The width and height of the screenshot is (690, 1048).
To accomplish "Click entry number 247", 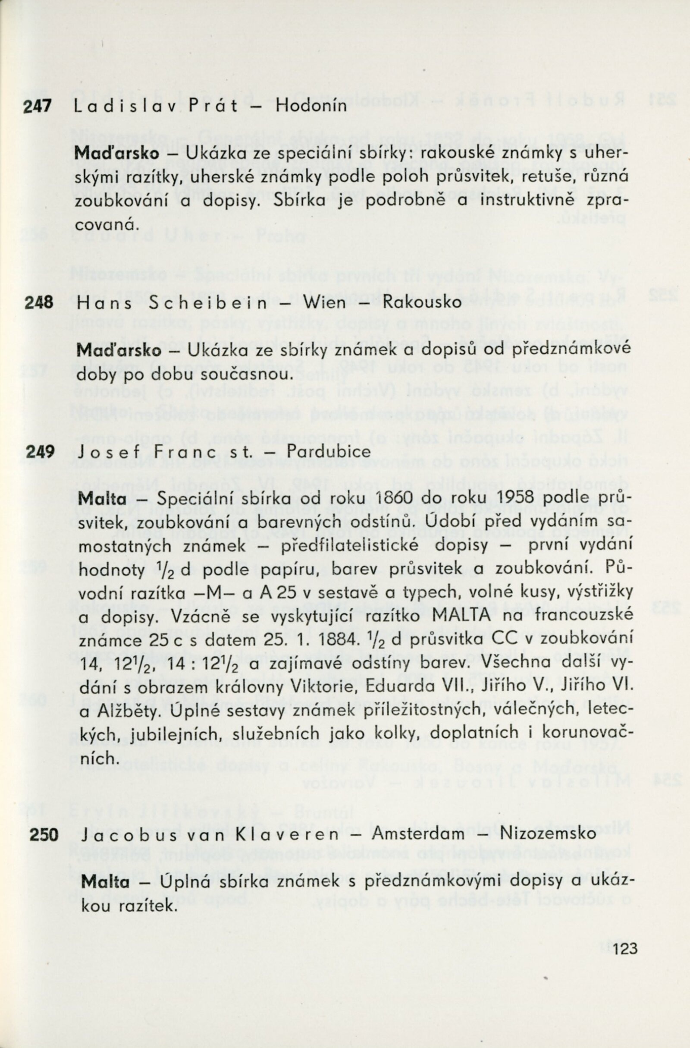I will pos(38,106).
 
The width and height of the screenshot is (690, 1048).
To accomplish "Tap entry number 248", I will pos(39,302).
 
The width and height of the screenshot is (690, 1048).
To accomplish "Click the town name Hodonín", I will pos(311,107).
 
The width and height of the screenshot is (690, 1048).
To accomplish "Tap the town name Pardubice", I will pos(323,452).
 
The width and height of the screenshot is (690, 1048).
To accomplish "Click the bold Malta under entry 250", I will pos(106,870).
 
